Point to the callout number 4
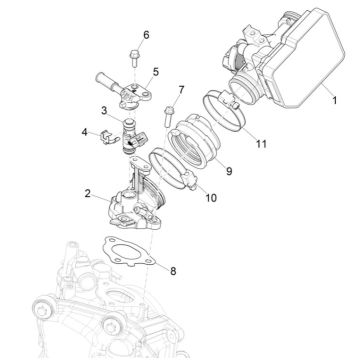pyautogui.click(x=84, y=130)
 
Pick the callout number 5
pyautogui.click(x=156, y=73)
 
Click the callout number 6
pyautogui.click(x=145, y=35)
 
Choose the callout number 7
pyautogui.click(x=181, y=91)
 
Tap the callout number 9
pyautogui.click(x=228, y=171)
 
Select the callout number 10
pyautogui.click(x=210, y=198)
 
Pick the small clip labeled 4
pyautogui.click(x=106, y=134)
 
